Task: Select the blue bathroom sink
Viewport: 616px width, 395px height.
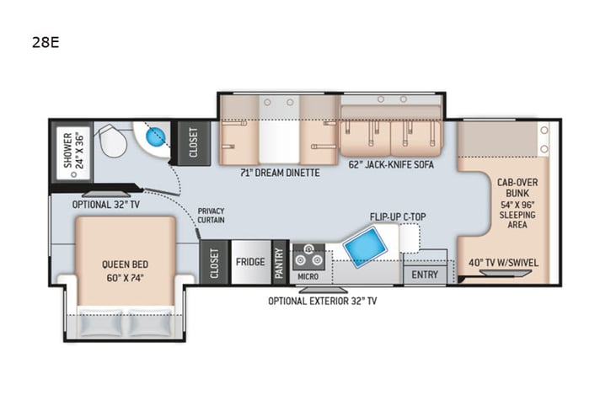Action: (x=155, y=136)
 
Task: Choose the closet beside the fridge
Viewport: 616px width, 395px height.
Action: (x=214, y=262)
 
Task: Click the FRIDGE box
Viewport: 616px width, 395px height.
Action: (x=250, y=262)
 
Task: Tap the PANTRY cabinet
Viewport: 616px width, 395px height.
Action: (x=279, y=262)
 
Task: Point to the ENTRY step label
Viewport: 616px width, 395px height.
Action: (x=423, y=275)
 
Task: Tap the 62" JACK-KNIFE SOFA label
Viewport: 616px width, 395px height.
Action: (x=391, y=165)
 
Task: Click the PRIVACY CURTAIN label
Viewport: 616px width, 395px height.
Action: (x=212, y=216)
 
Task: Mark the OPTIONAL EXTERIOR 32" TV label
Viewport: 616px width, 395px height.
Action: (x=323, y=301)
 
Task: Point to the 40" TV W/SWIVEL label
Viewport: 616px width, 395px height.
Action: (x=504, y=262)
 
